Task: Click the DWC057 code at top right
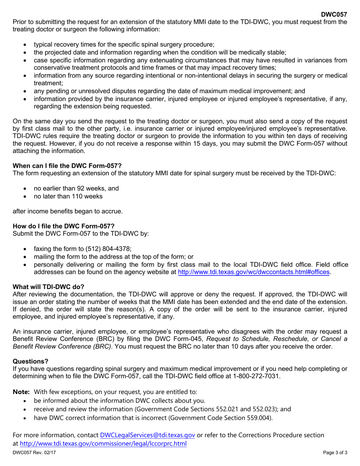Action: (334, 15)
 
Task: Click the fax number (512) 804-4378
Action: (106, 249)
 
